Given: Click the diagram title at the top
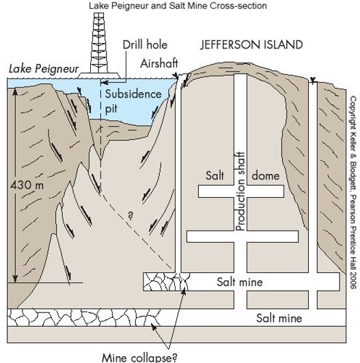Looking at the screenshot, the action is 178,5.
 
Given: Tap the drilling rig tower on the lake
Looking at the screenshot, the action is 98,42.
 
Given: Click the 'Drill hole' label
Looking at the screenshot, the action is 145,44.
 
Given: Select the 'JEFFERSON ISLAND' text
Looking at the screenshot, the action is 251,44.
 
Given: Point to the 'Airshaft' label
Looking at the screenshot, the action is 159,63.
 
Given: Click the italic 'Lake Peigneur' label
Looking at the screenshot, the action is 44,69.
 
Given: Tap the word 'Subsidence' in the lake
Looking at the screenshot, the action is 133,94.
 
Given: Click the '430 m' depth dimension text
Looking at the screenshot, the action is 27,185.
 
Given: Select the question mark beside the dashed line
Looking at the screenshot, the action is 130,216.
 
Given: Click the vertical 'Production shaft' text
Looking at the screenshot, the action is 240,192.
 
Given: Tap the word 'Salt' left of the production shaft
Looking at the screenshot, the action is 215,175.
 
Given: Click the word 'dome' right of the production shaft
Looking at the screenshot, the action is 266,176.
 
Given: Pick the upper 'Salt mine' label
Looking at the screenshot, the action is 240,282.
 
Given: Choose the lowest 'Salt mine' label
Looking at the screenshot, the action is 279,319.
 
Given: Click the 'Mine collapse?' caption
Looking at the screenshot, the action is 139,358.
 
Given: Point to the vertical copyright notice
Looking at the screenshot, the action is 352,192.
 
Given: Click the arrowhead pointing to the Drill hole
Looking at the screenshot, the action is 104,82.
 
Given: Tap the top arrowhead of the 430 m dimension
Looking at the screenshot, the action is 15,91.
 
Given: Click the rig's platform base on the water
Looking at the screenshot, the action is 99,75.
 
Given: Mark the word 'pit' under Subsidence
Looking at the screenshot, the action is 111,108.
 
